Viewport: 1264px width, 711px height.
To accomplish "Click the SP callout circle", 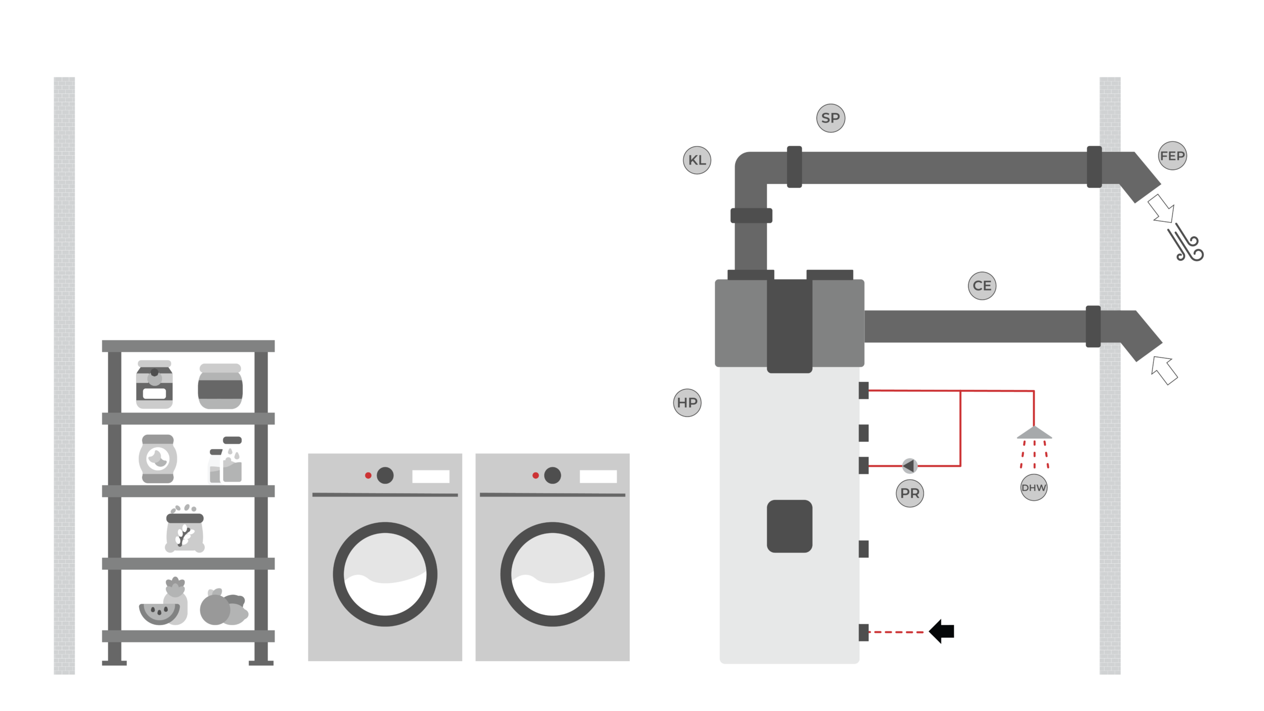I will tap(830, 118).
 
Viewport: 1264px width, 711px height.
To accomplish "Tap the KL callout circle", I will tap(697, 160).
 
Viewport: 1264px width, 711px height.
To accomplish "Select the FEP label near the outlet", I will tap(1172, 156).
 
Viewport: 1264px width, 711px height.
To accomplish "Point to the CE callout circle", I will tap(982, 286).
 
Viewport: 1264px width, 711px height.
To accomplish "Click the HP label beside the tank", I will tap(687, 403).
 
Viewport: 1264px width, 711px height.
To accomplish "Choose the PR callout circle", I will tap(909, 493).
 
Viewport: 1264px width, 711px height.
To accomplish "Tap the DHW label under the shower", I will tap(1033, 488).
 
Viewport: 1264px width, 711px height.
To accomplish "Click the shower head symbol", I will tap(1034, 433).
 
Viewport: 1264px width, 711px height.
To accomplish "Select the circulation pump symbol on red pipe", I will tap(909, 465).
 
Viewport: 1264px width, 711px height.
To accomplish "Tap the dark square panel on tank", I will tap(789, 526).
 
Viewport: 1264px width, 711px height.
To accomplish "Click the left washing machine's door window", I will tap(385, 574).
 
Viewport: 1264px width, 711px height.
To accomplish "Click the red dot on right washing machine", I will tap(535, 475).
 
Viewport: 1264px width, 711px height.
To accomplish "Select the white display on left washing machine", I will tap(431, 476).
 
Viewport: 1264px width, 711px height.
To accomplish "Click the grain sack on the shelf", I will tap(184, 531).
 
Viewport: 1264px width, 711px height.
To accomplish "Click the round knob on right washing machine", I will tap(553, 475).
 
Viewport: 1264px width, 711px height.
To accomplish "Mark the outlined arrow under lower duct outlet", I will tap(1164, 370).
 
